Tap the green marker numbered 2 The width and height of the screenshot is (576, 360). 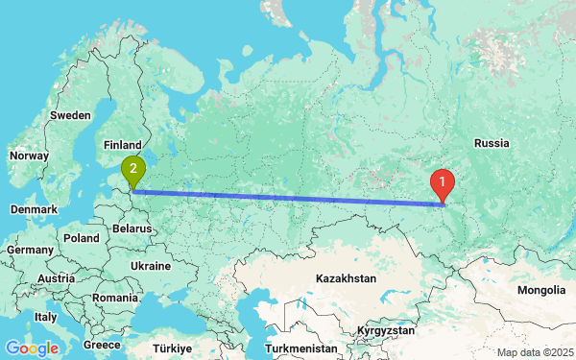(133, 171)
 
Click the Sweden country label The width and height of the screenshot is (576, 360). (70, 114)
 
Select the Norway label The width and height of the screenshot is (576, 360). (28, 156)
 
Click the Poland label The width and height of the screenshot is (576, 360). (83, 237)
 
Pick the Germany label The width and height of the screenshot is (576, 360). (29, 250)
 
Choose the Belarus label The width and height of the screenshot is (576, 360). (132, 229)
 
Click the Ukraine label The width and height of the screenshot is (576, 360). (150, 266)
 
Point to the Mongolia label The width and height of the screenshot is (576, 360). (540, 290)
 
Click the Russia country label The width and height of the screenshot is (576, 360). (491, 143)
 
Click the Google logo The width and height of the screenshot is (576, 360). (31, 348)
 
